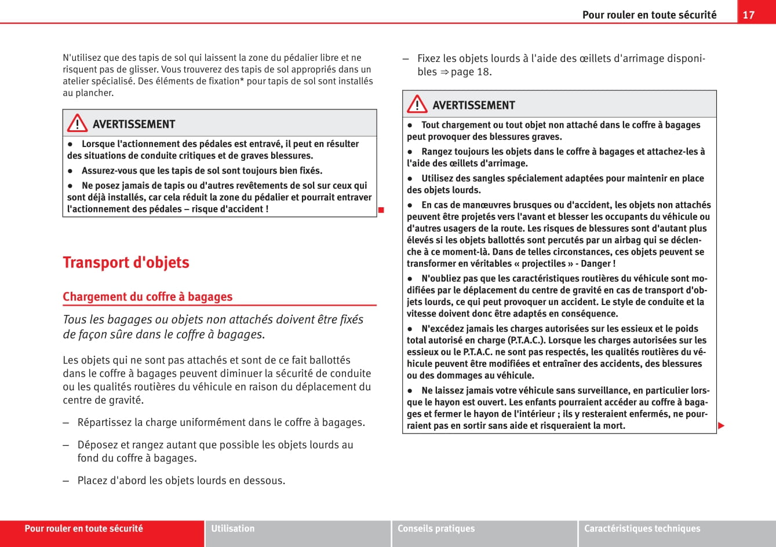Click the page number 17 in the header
tap(749, 14)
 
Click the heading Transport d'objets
tap(126, 262)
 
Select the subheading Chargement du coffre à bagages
tap(147, 296)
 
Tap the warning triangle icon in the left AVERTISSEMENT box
tap(77, 124)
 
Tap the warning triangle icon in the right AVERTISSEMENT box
tap(417, 105)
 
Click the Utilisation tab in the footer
tap(233, 528)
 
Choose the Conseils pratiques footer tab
tap(436, 528)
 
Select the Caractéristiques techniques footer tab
tap(642, 528)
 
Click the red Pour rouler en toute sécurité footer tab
tap(83, 528)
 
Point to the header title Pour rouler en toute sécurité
tap(649, 15)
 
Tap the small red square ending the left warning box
tap(381, 209)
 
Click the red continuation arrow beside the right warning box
tap(721, 426)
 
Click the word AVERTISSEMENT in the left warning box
tap(134, 124)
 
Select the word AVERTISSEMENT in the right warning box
tap(473, 105)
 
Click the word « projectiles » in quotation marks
tap(546, 263)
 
